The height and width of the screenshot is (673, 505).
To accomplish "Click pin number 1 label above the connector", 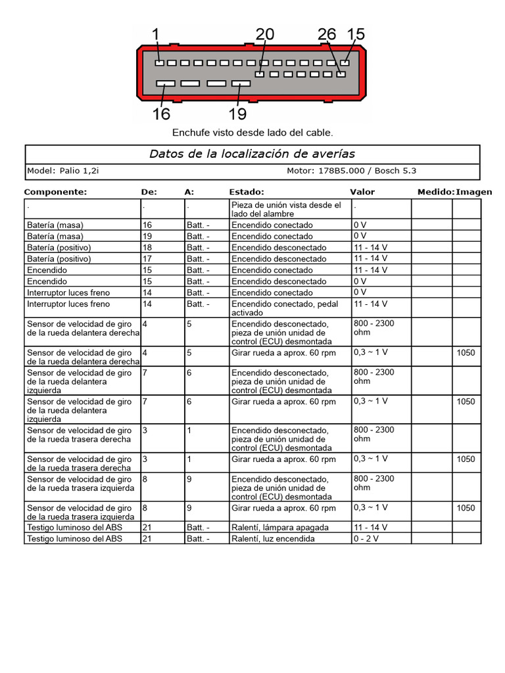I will coord(156,34).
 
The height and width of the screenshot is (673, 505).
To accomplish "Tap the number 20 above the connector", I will coord(265,34).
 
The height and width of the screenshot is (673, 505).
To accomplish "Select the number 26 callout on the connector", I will coord(326,34).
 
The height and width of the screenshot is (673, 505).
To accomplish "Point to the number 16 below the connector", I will coord(161,114).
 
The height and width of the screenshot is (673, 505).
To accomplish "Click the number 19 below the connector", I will coord(237,114).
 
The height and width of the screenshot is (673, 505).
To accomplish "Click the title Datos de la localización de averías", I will coord(252,154).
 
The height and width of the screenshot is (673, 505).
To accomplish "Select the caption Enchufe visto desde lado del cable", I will coord(252,133).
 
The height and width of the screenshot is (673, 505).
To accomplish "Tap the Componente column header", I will coord(55,192).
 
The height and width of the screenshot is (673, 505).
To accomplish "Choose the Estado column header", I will coord(247,192).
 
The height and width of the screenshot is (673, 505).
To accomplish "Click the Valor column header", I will coord(362,192).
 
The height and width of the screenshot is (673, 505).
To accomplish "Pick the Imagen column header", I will coord(474,192).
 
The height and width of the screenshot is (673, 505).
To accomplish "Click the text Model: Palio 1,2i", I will coord(63,171).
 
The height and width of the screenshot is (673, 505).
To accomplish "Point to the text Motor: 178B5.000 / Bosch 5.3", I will coord(351,171).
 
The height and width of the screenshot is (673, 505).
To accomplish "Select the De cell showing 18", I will coord(147,248).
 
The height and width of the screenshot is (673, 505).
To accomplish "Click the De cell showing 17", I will coord(147,259).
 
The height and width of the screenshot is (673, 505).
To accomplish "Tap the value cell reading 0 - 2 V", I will coord(366,539).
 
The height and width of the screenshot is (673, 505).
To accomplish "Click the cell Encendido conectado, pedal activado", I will coord(283,309).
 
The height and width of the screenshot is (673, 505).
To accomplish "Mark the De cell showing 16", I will coord(147,225).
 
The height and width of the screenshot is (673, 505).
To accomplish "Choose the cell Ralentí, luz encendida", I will coord(273,539).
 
